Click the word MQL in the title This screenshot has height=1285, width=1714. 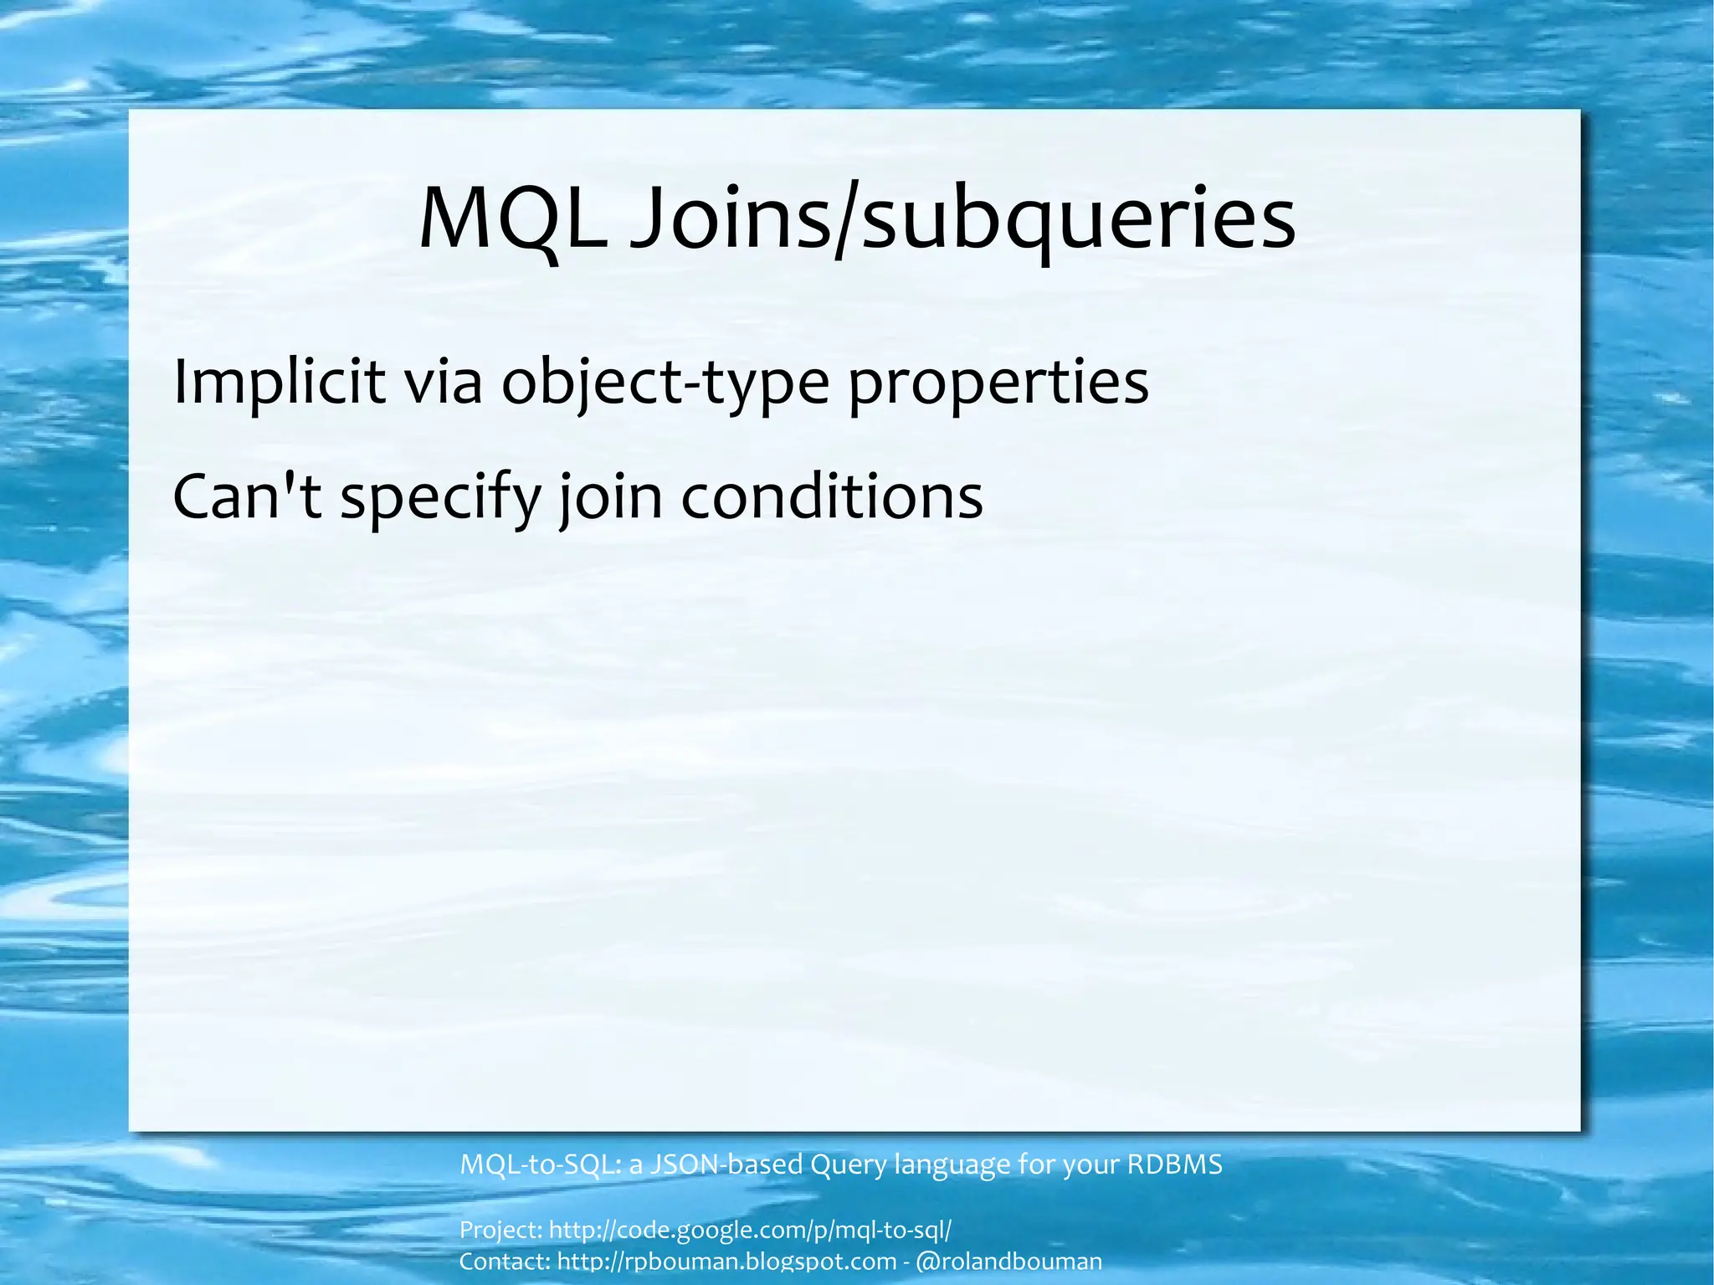512,219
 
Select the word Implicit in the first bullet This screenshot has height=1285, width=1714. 279,383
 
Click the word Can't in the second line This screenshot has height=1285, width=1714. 247,496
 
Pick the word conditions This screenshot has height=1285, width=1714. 832,496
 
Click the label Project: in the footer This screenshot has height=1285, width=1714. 500,1230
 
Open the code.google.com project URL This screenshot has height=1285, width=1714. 750,1231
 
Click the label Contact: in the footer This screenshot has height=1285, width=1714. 504,1262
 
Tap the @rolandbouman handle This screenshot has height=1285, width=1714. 1009,1262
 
